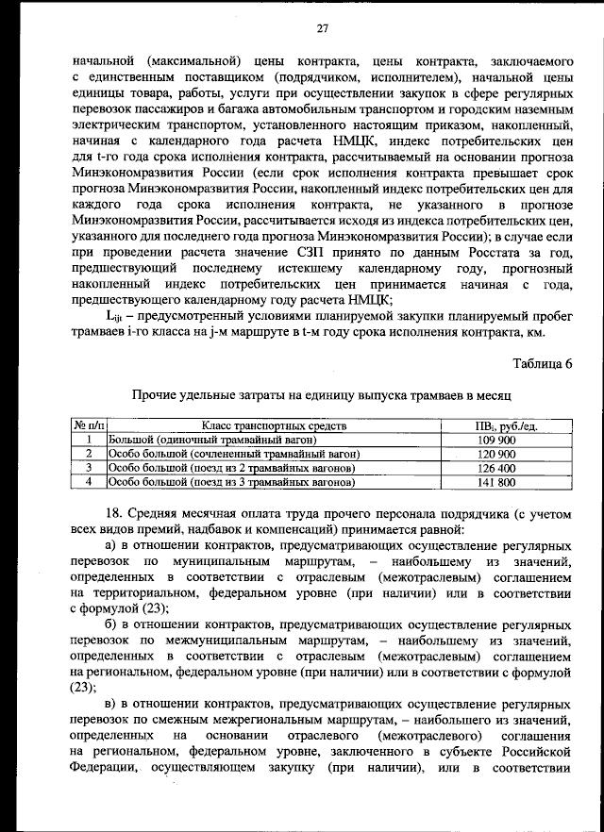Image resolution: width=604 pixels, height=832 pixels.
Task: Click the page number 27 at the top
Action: (321, 28)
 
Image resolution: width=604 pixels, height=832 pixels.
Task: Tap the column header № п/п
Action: (89, 427)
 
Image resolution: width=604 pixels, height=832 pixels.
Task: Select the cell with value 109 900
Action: (495, 441)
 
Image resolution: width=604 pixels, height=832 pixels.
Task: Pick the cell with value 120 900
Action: (495, 455)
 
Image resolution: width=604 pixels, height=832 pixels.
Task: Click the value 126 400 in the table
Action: (495, 468)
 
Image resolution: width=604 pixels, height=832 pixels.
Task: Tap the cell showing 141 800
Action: (495, 482)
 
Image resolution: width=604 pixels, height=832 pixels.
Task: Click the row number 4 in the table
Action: (89, 482)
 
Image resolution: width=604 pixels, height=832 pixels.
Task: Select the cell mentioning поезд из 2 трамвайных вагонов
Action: (231, 468)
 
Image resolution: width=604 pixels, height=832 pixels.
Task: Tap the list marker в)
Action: (110, 704)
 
